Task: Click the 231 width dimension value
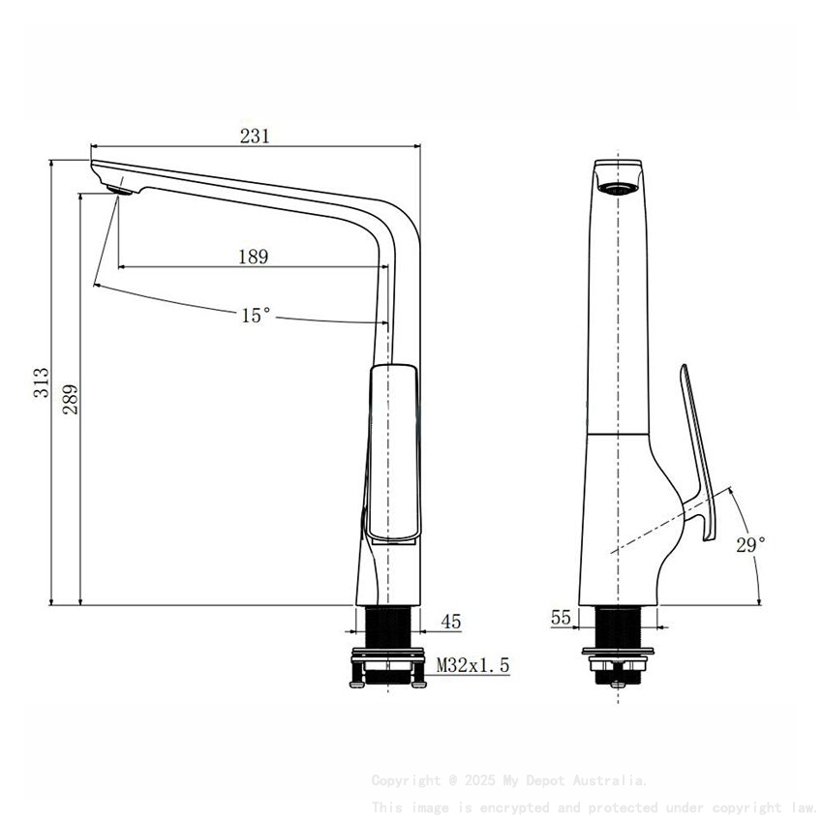[254, 137]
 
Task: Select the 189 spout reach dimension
[253, 257]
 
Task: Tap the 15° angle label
[256, 315]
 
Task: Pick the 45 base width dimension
[451, 621]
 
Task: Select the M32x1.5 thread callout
[472, 665]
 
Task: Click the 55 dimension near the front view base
[561, 617]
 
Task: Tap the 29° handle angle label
[750, 545]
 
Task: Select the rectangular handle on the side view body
[393, 452]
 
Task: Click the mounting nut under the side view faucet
[387, 668]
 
